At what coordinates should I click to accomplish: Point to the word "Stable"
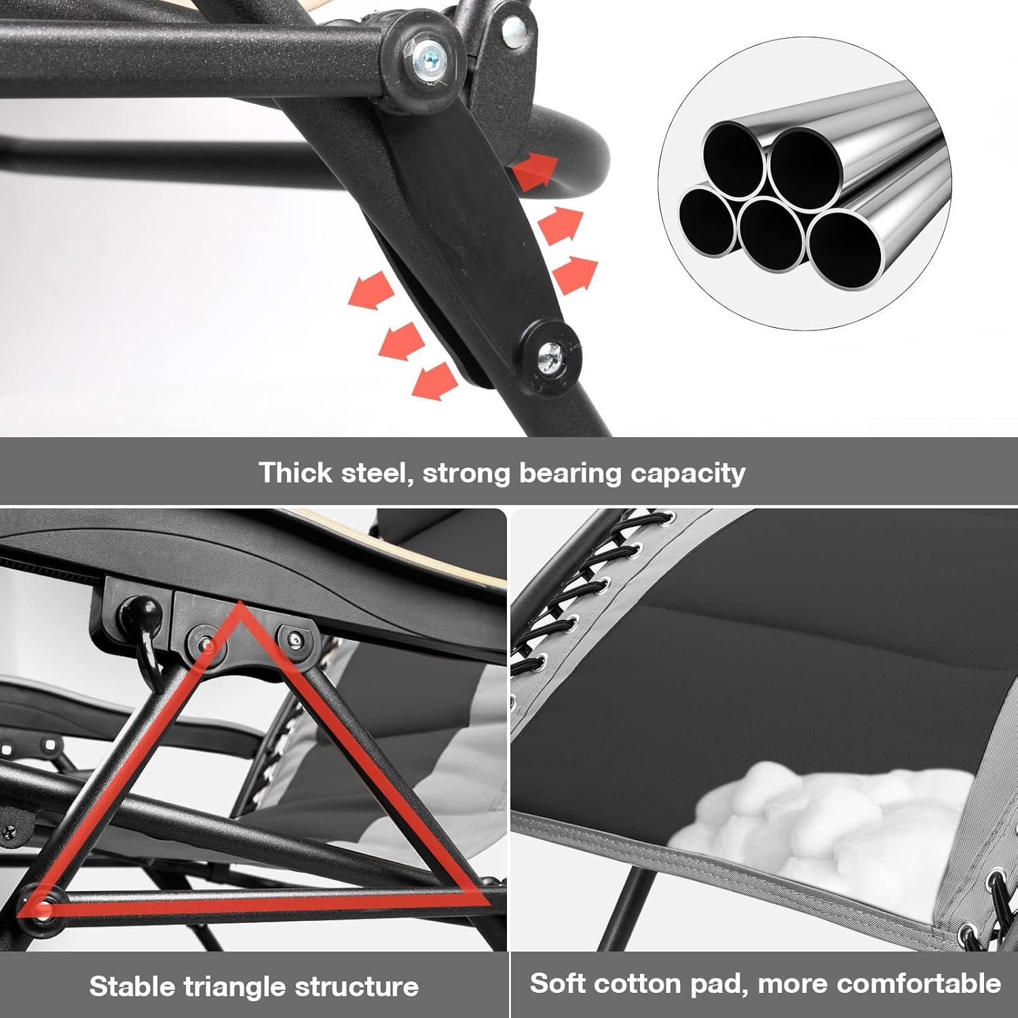tap(133, 986)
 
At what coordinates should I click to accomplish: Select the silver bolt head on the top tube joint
tap(428, 53)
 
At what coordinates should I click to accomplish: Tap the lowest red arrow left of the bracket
tap(435, 381)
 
